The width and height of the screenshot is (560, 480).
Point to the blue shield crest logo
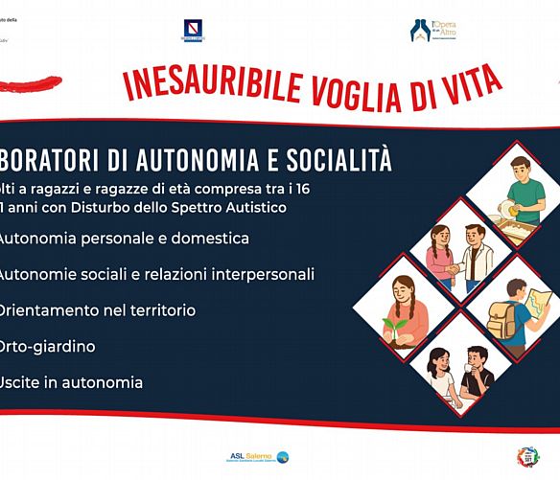192,31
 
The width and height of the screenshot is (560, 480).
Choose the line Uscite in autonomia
72,381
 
